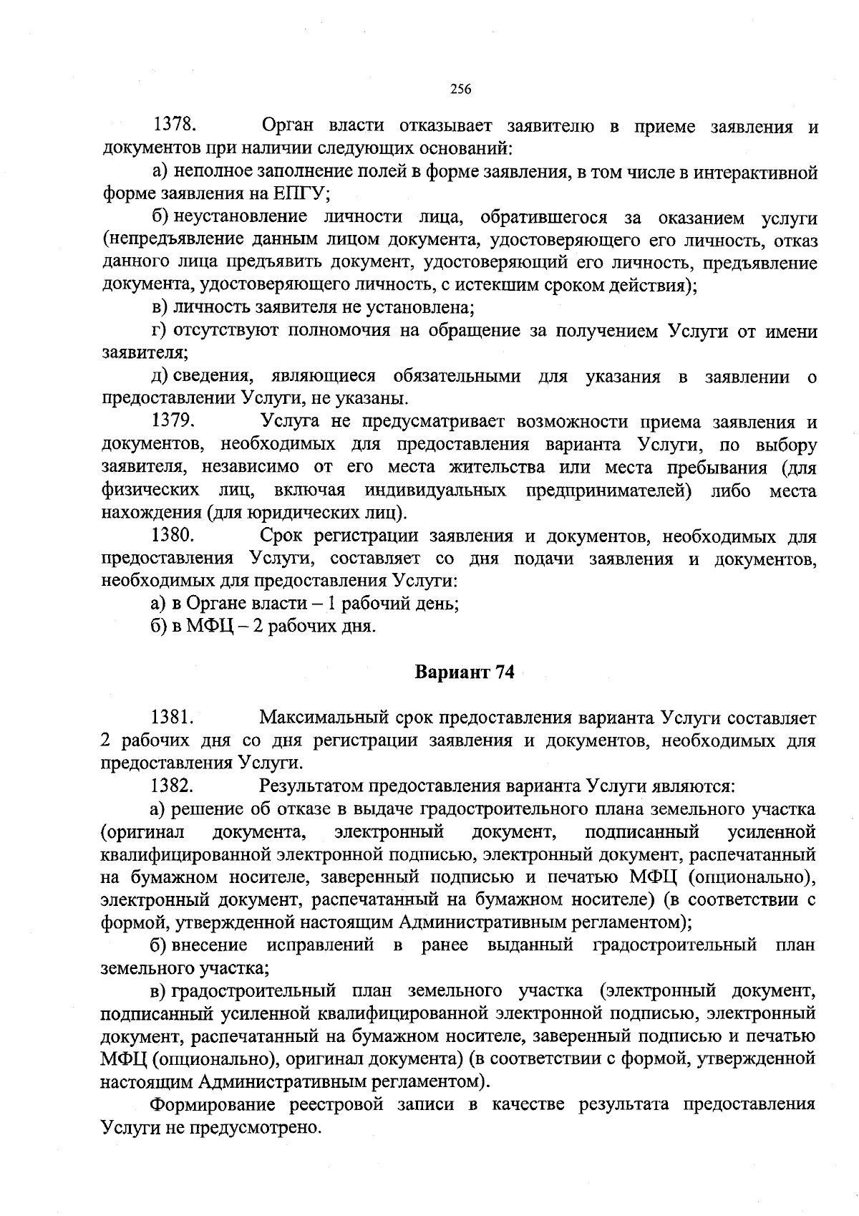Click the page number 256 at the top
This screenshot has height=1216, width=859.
[x=460, y=90]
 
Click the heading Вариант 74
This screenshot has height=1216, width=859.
[x=465, y=674]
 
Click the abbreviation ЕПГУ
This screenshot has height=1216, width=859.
[x=300, y=195]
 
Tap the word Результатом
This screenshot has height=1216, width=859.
[x=311, y=786]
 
